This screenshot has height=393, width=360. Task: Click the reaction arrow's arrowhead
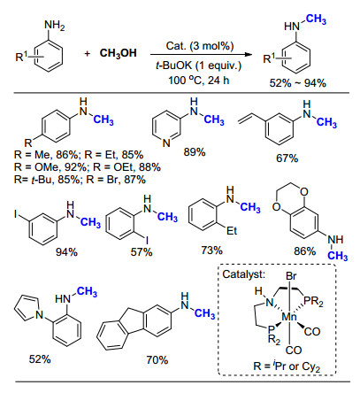249,54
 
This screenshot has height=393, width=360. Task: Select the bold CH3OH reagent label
119,53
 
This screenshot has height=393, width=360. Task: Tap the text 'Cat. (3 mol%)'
200,46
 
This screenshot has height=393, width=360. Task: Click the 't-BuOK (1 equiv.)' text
199,65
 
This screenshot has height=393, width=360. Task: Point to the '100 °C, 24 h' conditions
199,81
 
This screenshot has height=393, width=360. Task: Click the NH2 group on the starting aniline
55,26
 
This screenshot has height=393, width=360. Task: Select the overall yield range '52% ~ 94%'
297,83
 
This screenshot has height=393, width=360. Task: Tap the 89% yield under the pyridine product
195,152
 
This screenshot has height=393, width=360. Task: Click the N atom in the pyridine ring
166,143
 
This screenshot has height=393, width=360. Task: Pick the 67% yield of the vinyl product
287,158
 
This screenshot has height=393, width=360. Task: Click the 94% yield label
66,252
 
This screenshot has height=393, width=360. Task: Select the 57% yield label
142,252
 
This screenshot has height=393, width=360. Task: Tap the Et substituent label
232,230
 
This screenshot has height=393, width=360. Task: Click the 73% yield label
212,250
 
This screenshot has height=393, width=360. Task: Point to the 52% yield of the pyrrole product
40,359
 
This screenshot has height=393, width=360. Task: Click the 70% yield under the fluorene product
157,359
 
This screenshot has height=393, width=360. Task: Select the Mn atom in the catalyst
289,317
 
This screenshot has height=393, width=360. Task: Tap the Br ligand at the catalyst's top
291,276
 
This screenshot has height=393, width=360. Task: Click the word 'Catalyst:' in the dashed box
244,274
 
